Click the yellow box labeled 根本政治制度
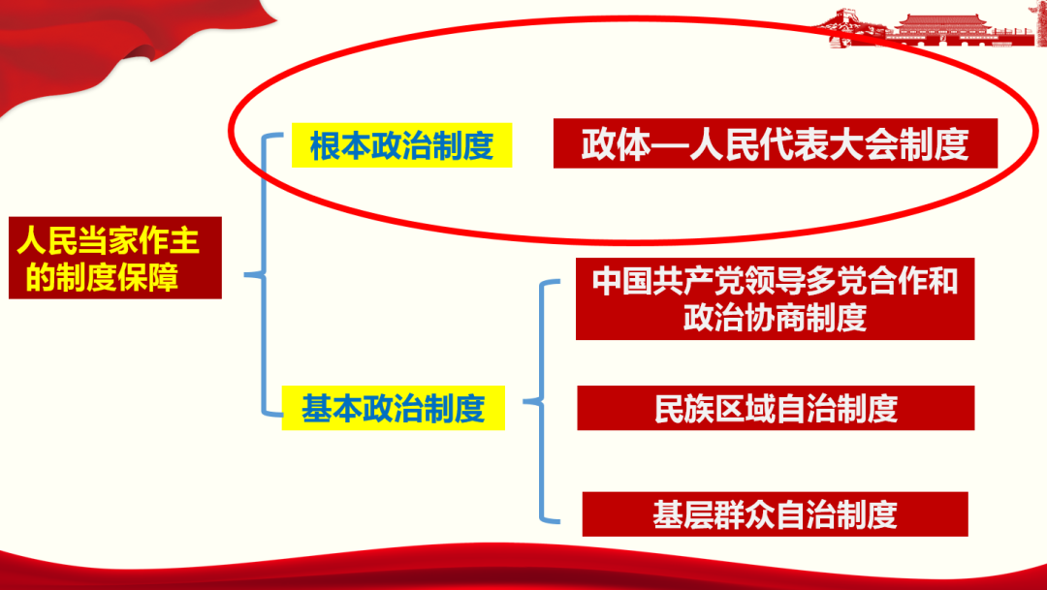pos(402,144)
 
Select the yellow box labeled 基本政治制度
pos(394,408)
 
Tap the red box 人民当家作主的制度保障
pos(114,258)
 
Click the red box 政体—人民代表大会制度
pos(776,143)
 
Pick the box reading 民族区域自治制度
pos(776,408)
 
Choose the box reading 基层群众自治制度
pos(776,513)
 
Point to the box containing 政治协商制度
pos(776,299)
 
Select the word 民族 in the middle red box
pos(683,409)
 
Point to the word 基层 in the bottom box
pos(682,514)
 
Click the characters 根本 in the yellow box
pos(340,145)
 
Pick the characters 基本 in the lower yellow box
pos(332,409)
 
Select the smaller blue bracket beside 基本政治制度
pos(542,401)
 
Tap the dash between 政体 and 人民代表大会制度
pos(670,144)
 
